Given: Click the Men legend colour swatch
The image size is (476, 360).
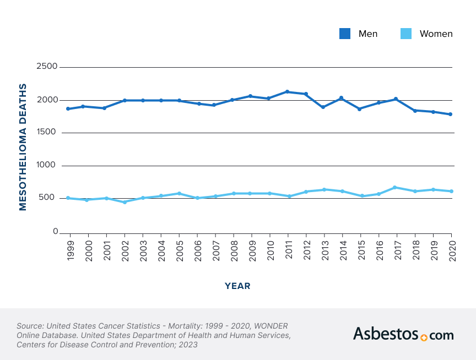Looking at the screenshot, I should tap(345, 34).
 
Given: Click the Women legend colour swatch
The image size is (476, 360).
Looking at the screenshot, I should tap(406, 34).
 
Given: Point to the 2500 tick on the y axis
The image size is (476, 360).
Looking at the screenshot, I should tap(46, 67).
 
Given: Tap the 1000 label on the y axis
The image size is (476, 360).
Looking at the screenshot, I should tap(46, 165).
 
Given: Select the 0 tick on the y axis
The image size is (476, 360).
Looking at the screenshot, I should tap(55, 232).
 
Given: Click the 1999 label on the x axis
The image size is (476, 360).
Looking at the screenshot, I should tap(71, 251).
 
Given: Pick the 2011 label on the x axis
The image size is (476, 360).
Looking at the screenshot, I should tap(288, 251).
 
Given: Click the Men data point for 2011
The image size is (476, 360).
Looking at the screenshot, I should tap(287, 91).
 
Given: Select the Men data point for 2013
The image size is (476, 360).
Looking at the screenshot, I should tap(323, 107).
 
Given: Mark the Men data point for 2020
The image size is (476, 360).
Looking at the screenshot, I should tap(451, 114).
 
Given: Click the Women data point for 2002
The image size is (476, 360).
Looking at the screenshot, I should tap(125, 202).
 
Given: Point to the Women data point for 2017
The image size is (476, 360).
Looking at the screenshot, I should tap(395, 187).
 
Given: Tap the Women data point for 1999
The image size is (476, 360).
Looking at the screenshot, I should tap(68, 198).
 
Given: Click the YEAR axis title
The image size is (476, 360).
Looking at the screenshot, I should tap(237, 286).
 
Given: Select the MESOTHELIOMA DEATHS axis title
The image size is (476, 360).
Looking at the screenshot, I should tap(23, 147).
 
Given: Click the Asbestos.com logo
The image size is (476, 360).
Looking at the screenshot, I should tap(403, 334).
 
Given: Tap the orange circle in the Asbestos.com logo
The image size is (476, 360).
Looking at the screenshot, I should tap(423, 337).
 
